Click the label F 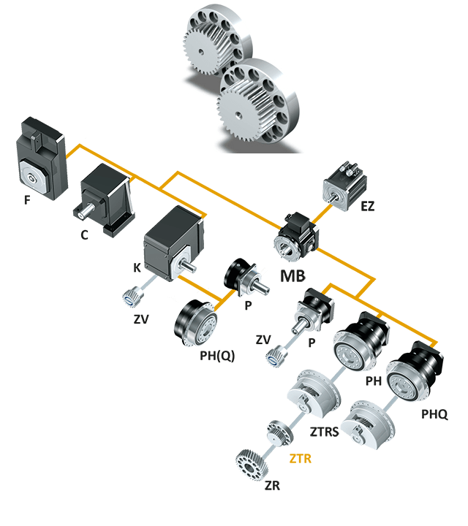coord(27,199)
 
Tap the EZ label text coord(367,207)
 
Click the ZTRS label coord(325,432)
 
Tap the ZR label coord(272,486)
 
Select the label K coord(137,269)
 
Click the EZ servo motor coord(342,182)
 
